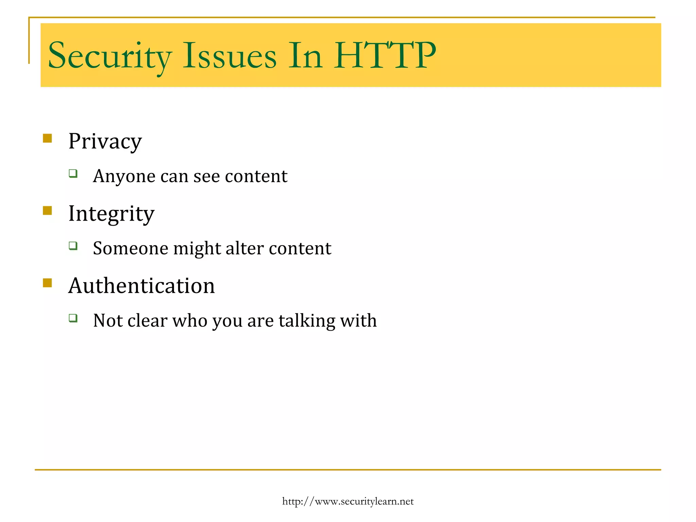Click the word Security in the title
click(110, 55)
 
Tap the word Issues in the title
click(230, 55)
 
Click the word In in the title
click(305, 55)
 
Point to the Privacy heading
click(105, 141)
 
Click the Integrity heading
click(111, 214)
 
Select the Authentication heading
click(141, 285)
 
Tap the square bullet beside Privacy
click(47, 138)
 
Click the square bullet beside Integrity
click(47, 210)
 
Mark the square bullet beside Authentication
click(47, 283)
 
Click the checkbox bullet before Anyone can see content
click(73, 174)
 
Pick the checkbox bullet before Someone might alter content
click(73, 246)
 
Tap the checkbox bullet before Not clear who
click(73, 318)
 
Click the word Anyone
click(124, 176)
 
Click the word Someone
click(130, 248)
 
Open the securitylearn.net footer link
click(348, 501)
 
